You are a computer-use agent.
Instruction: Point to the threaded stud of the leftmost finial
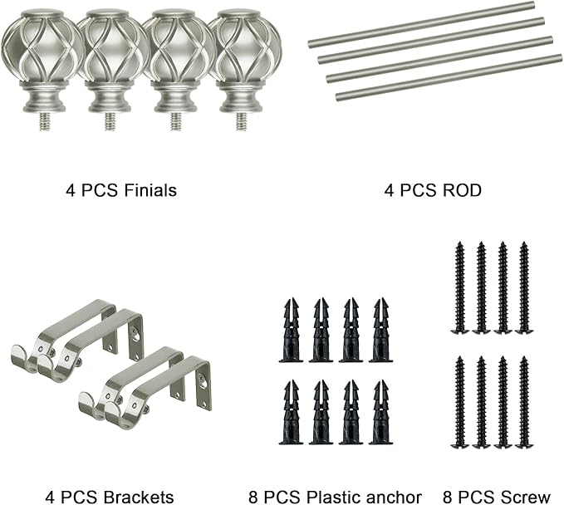pyautogui.click(x=45, y=121)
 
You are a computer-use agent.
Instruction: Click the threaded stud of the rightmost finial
pyautogui.click(x=242, y=121)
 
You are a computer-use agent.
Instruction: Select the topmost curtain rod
pyautogui.click(x=421, y=24)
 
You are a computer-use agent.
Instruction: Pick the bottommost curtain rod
pyautogui.click(x=449, y=77)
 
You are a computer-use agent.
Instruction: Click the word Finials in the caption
pyautogui.click(x=150, y=190)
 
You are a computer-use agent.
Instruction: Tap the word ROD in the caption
pyautogui.click(x=462, y=190)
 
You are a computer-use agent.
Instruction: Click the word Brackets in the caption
pyautogui.click(x=139, y=498)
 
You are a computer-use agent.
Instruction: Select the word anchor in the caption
pyautogui.click(x=395, y=498)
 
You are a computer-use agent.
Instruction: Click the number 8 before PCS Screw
pyautogui.click(x=448, y=498)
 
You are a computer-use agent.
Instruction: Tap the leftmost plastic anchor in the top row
pyautogui.click(x=292, y=330)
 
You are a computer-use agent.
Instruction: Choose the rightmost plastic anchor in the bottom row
pyautogui.click(x=381, y=412)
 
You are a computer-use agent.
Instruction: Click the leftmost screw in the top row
pyautogui.click(x=459, y=287)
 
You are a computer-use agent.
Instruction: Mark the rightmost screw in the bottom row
pyautogui.click(x=524, y=402)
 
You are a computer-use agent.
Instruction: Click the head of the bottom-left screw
pyautogui.click(x=459, y=445)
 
